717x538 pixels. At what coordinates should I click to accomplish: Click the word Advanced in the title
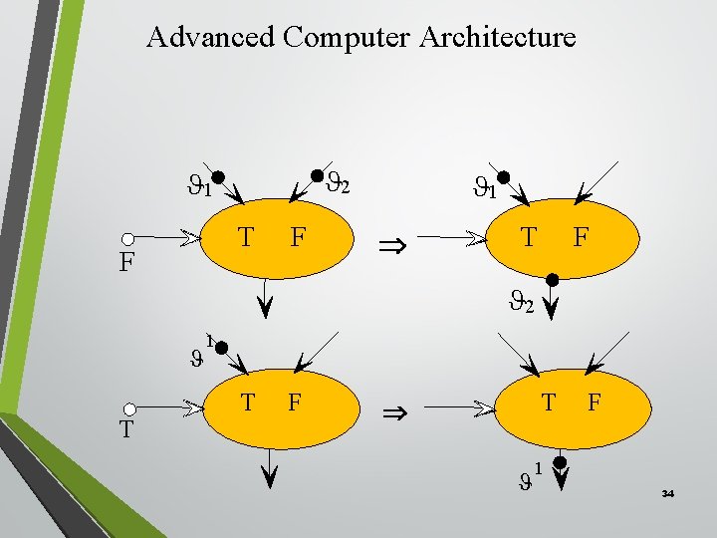coord(210,38)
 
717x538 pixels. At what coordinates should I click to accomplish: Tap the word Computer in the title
coord(347,38)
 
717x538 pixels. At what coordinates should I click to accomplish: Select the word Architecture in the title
coord(497,38)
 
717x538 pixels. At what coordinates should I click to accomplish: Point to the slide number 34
coord(667,494)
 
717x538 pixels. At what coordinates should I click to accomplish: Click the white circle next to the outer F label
coord(127,239)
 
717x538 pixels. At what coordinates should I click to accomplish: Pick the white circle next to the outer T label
coord(127,408)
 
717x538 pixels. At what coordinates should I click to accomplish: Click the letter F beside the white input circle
coord(126,265)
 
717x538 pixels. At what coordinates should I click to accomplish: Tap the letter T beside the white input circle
coord(126,430)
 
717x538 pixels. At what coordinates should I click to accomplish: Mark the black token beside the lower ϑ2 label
coord(553,282)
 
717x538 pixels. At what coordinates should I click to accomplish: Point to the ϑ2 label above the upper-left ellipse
coord(339,182)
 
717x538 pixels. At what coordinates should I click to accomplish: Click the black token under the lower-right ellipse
coord(561,463)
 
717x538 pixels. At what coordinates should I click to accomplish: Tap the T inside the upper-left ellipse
coord(244,238)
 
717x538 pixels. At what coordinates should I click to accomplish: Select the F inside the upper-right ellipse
coord(579,238)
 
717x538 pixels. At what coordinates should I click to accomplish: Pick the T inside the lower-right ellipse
coord(548,403)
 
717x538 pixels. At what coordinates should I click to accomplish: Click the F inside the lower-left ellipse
coord(295,403)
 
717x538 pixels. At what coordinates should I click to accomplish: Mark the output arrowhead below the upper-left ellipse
coord(266,307)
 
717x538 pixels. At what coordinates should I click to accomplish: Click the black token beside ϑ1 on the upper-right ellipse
coord(504,178)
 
